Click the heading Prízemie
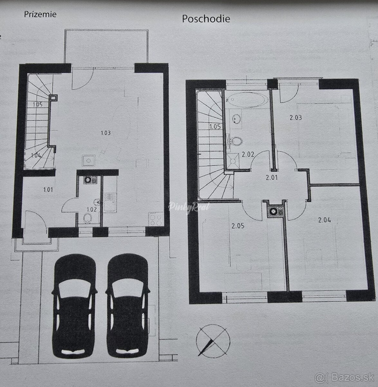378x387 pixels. (40, 15)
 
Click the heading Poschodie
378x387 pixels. (206, 19)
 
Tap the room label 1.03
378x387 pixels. (106, 133)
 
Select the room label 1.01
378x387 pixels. (48, 190)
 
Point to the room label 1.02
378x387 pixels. (92, 209)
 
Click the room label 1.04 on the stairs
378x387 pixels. (36, 155)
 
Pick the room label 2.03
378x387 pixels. (296, 117)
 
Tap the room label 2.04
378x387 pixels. (325, 220)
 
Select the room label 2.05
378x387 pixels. (238, 226)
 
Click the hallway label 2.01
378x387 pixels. (271, 177)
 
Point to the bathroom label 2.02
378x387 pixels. (248, 154)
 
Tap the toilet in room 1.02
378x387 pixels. (88, 218)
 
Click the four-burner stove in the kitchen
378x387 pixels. (156, 219)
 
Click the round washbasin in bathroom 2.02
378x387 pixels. (236, 119)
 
